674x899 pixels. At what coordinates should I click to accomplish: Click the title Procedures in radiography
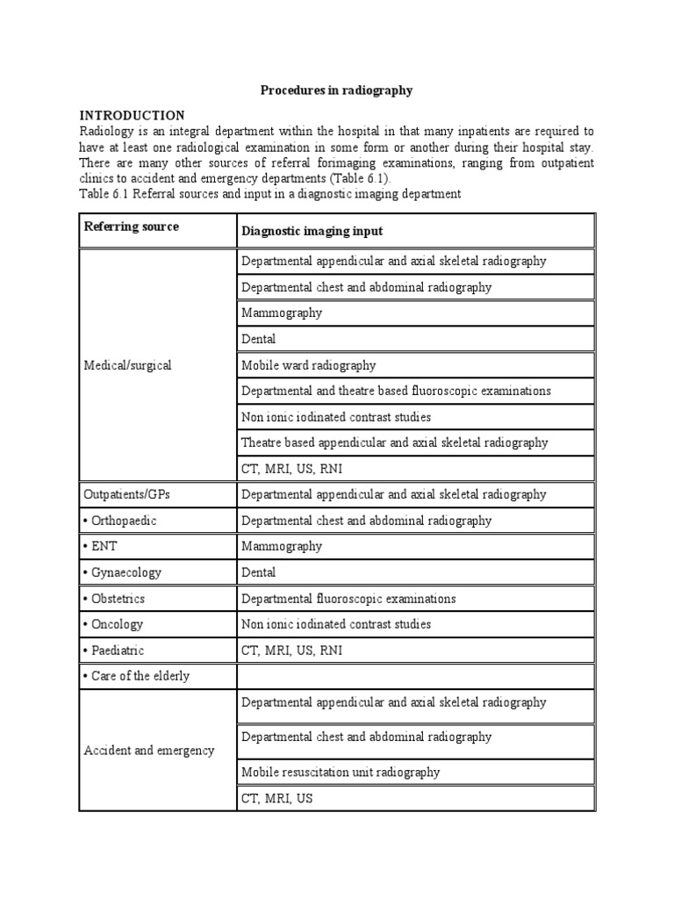[336, 90]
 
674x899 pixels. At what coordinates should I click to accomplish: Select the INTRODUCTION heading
[133, 116]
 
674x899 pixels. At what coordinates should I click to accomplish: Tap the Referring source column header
[131, 227]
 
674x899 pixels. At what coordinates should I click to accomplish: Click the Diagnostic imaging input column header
[312, 231]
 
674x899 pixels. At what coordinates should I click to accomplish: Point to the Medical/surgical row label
[127, 365]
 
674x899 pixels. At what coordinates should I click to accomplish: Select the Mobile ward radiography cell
[308, 365]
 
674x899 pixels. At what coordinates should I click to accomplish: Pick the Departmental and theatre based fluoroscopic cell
[396, 391]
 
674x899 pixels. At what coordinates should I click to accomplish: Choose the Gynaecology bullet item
[123, 572]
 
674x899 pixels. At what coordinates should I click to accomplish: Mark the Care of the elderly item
[137, 677]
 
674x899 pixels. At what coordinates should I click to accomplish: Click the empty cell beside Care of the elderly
[416, 677]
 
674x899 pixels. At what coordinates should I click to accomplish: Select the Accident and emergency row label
[148, 751]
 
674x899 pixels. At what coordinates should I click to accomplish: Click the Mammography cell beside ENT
[282, 547]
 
